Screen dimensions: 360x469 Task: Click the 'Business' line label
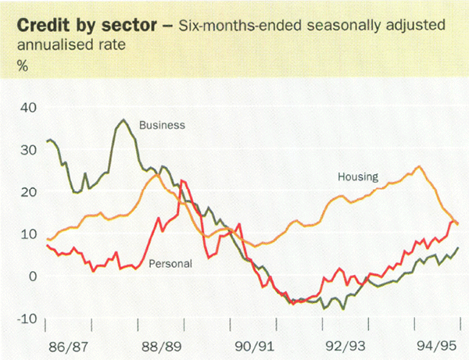coord(162,124)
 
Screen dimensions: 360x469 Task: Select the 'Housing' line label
coord(357,176)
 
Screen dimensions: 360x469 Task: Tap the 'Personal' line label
coord(170,263)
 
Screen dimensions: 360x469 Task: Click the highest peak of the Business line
coord(124,120)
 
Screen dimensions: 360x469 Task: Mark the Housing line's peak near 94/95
coord(419,166)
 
